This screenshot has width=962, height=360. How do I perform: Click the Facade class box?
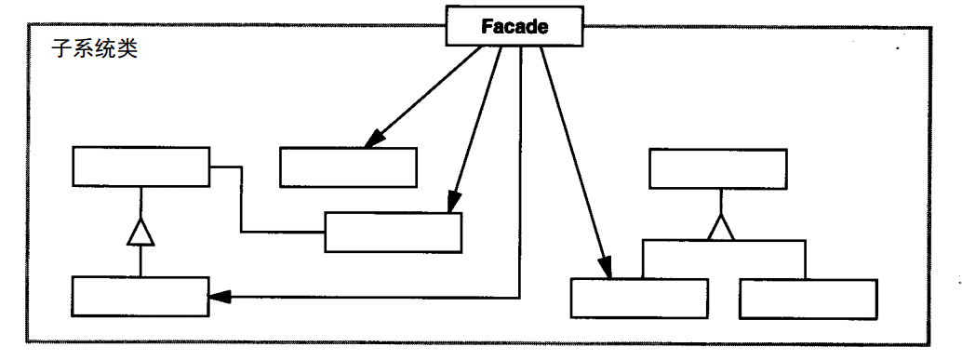pyautogui.click(x=514, y=26)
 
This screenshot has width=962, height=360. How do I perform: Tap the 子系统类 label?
pyautogui.click(x=93, y=49)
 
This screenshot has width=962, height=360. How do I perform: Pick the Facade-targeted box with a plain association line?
pyautogui.click(x=393, y=232)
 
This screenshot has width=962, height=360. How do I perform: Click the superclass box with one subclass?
pyautogui.click(x=140, y=167)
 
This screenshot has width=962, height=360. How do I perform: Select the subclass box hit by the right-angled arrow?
pyautogui.click(x=140, y=297)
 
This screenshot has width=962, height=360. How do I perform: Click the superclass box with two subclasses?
pyautogui.click(x=717, y=168)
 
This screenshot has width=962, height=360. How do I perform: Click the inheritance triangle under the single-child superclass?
pyautogui.click(x=140, y=232)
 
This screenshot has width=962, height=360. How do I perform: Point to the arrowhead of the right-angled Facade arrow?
pyautogui.click(x=218, y=297)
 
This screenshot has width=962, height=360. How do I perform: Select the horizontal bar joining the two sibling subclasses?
pyautogui.click(x=722, y=239)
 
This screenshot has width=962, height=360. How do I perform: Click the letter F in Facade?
pyautogui.click(x=487, y=26)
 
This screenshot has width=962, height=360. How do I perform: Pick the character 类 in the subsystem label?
pyautogui.click(x=128, y=49)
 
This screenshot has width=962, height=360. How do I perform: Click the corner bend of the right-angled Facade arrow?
pyautogui.click(x=519, y=297)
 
